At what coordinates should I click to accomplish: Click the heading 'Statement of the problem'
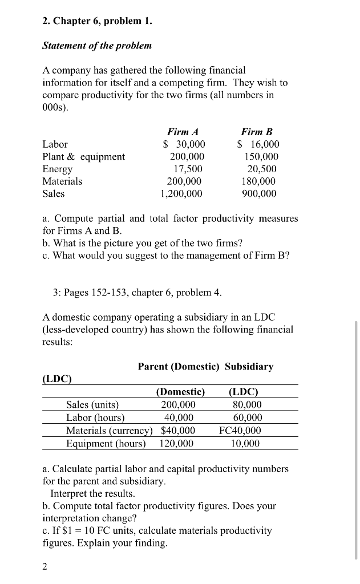97,45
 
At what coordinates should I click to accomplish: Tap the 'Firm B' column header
257,132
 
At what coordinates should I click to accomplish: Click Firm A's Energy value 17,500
188,169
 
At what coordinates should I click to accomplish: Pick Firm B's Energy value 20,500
262,169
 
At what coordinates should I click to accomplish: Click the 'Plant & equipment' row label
84,156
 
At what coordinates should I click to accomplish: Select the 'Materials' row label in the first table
62,181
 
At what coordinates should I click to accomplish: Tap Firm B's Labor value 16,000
258,144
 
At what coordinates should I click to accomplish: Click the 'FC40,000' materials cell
240,430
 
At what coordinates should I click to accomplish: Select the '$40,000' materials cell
179,430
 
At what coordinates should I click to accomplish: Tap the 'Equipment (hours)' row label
106,443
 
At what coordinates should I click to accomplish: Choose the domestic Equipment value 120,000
176,443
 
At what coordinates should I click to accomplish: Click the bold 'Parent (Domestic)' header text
179,366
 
